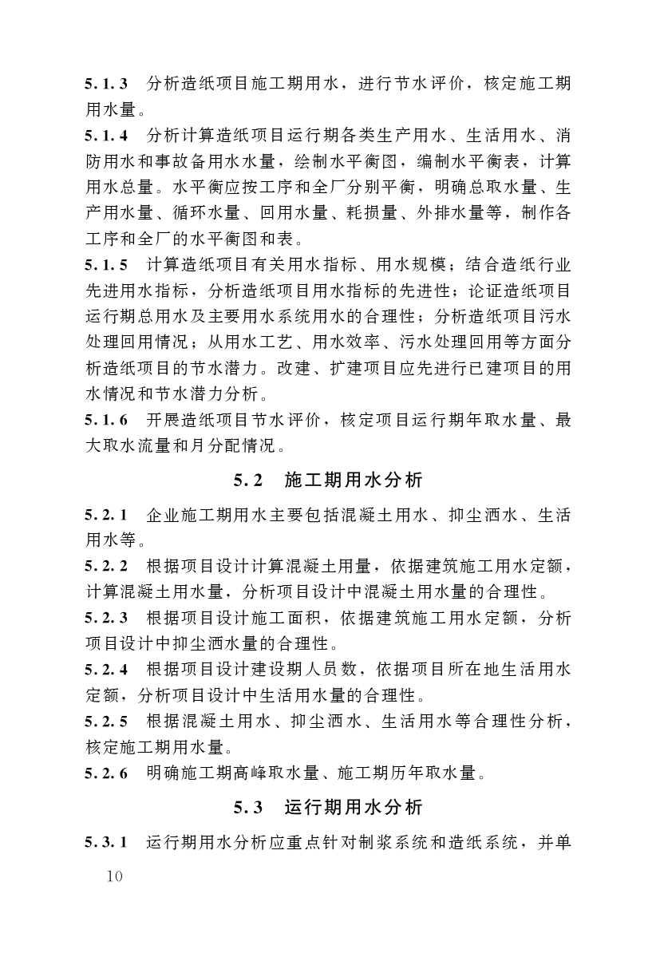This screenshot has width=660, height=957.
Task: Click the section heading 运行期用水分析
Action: (354, 807)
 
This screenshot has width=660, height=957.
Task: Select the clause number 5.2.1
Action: (108, 516)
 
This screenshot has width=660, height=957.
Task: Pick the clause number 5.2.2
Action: (108, 567)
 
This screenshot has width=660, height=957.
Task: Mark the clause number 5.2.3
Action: (108, 617)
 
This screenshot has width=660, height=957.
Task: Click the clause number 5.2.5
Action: (108, 722)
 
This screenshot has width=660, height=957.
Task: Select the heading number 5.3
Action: (248, 807)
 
